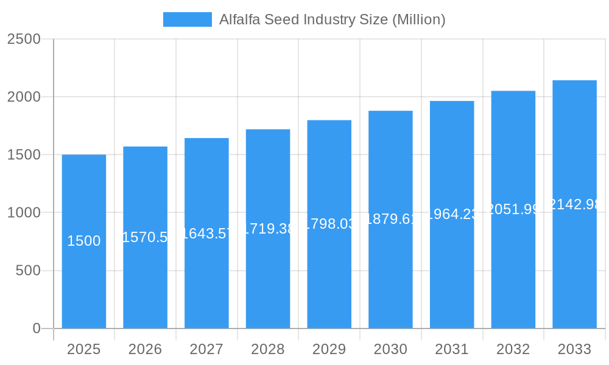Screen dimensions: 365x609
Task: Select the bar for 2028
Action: coord(268,280)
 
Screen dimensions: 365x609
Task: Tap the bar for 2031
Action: coord(452,274)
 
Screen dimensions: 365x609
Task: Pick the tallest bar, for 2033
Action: coord(574,268)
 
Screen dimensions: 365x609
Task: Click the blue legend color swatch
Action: coord(187,19)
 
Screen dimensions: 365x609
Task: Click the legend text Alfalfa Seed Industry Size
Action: coord(332,19)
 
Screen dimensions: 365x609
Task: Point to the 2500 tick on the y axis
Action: coord(24,39)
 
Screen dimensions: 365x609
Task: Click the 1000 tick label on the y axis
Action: coord(24,213)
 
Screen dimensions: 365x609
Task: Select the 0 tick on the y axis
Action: coord(36,328)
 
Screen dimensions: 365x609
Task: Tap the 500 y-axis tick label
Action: coord(27,271)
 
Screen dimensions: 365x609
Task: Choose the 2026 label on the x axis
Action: coord(145,349)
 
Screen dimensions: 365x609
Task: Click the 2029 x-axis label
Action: coord(329,349)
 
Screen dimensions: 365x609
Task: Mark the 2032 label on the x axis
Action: coord(513,349)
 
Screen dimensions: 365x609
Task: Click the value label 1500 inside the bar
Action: coord(84,241)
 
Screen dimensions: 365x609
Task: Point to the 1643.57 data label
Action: coord(206,234)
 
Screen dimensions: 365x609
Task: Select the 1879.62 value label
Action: coord(390,219)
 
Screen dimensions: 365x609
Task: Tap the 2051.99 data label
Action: coord(513,209)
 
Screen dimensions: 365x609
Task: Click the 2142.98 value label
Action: coord(574,204)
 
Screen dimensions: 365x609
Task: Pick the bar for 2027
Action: coord(206,280)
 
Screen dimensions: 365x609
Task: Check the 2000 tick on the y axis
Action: coord(24,97)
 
